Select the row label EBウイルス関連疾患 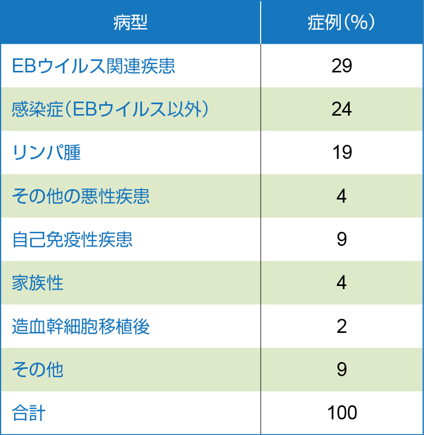pyautogui.click(x=94, y=66)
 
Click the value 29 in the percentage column pyautogui.click(x=342, y=66)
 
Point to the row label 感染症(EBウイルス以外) pyautogui.click(x=110, y=109)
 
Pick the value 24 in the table pyautogui.click(x=342, y=109)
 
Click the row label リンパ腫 pyautogui.click(x=46, y=153)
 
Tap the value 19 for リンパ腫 pyautogui.click(x=342, y=153)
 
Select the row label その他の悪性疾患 pyautogui.click(x=81, y=196)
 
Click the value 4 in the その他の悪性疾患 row pyautogui.click(x=342, y=196)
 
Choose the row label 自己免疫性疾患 pyautogui.click(x=72, y=240)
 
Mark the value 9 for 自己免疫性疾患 pyautogui.click(x=342, y=240)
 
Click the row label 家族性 pyautogui.click(x=37, y=283)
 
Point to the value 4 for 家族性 pyautogui.click(x=342, y=283)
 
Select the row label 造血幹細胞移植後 pyautogui.click(x=81, y=327)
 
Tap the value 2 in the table pyautogui.click(x=342, y=327)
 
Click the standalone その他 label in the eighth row pyautogui.click(x=37, y=370)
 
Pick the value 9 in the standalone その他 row pyautogui.click(x=342, y=370)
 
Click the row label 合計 pyautogui.click(x=29, y=413)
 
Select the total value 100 pyautogui.click(x=342, y=413)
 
